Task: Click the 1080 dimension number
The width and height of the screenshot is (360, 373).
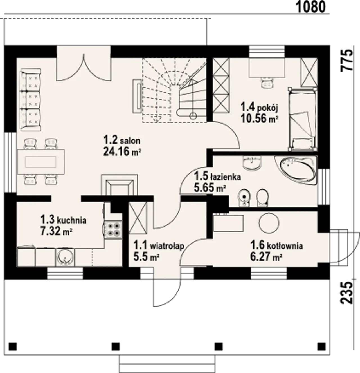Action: pyautogui.click(x=311, y=7)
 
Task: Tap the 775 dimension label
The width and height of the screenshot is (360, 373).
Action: pyautogui.click(x=347, y=60)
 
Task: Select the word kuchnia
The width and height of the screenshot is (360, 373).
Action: pyautogui.click(x=72, y=220)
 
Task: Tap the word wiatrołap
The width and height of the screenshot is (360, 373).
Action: pyautogui.click(x=167, y=246)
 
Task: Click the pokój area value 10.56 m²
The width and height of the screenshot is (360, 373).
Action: pyautogui.click(x=260, y=119)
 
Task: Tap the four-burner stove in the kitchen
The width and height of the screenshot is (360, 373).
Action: pyautogui.click(x=113, y=230)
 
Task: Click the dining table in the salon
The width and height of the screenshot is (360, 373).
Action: pyautogui.click(x=41, y=162)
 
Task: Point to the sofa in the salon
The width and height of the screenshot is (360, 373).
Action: pyautogui.click(x=31, y=100)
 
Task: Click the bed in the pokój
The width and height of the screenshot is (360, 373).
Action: pyautogui.click(x=303, y=119)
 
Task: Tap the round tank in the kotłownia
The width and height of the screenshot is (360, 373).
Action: pyautogui.click(x=269, y=223)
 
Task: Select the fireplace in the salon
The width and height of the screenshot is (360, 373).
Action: pyautogui.click(x=120, y=185)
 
